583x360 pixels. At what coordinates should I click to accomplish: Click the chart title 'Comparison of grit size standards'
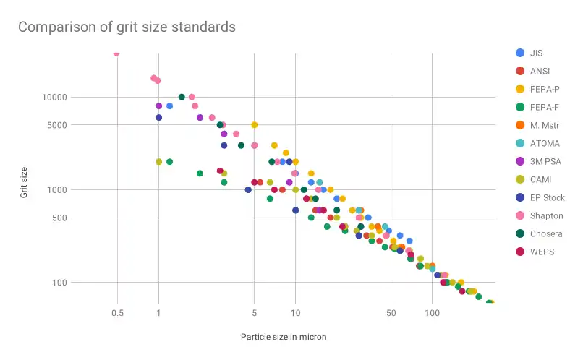pyautogui.click(x=127, y=27)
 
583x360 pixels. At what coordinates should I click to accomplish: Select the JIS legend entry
pyautogui.click(x=535, y=53)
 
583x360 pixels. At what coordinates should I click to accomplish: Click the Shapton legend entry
pyautogui.click(x=545, y=215)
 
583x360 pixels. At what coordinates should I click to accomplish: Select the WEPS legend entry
pyautogui.click(x=541, y=252)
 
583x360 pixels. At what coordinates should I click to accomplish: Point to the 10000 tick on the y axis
pyautogui.click(x=54, y=98)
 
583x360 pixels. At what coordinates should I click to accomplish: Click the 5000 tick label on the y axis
pyautogui.click(x=56, y=125)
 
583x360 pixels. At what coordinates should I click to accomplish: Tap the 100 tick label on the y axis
pyautogui.click(x=58, y=283)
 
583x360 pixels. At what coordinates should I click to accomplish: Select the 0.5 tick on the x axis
pyautogui.click(x=116, y=313)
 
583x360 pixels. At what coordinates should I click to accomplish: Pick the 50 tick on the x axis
pyautogui.click(x=391, y=313)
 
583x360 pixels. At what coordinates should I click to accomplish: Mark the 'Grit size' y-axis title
pyautogui.click(x=24, y=181)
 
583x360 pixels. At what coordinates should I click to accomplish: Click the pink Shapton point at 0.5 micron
pyautogui.click(x=116, y=53)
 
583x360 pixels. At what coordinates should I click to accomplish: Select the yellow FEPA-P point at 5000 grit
pyautogui.click(x=255, y=125)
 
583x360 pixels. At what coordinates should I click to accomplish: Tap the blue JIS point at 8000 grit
pyautogui.click(x=169, y=106)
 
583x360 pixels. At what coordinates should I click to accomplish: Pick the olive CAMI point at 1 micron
pyautogui.click(x=159, y=162)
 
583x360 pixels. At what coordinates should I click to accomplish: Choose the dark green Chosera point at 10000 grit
pyautogui.click(x=182, y=97)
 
